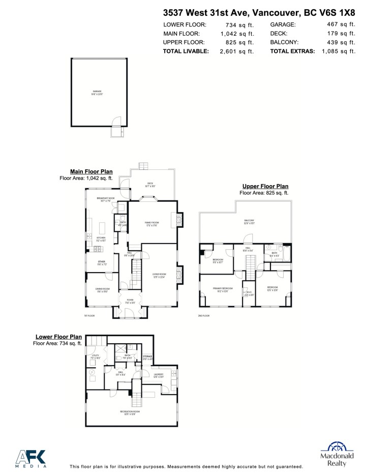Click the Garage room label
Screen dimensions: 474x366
click(x=97, y=92)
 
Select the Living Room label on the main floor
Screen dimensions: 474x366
click(x=159, y=275)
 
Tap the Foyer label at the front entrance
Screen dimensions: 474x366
click(x=130, y=301)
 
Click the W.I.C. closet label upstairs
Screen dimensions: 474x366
click(x=249, y=293)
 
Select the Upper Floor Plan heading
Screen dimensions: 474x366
click(x=265, y=187)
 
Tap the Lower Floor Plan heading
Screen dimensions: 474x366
click(x=58, y=337)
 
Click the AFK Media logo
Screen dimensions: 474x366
click(x=32, y=458)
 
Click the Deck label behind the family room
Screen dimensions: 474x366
click(x=150, y=184)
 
